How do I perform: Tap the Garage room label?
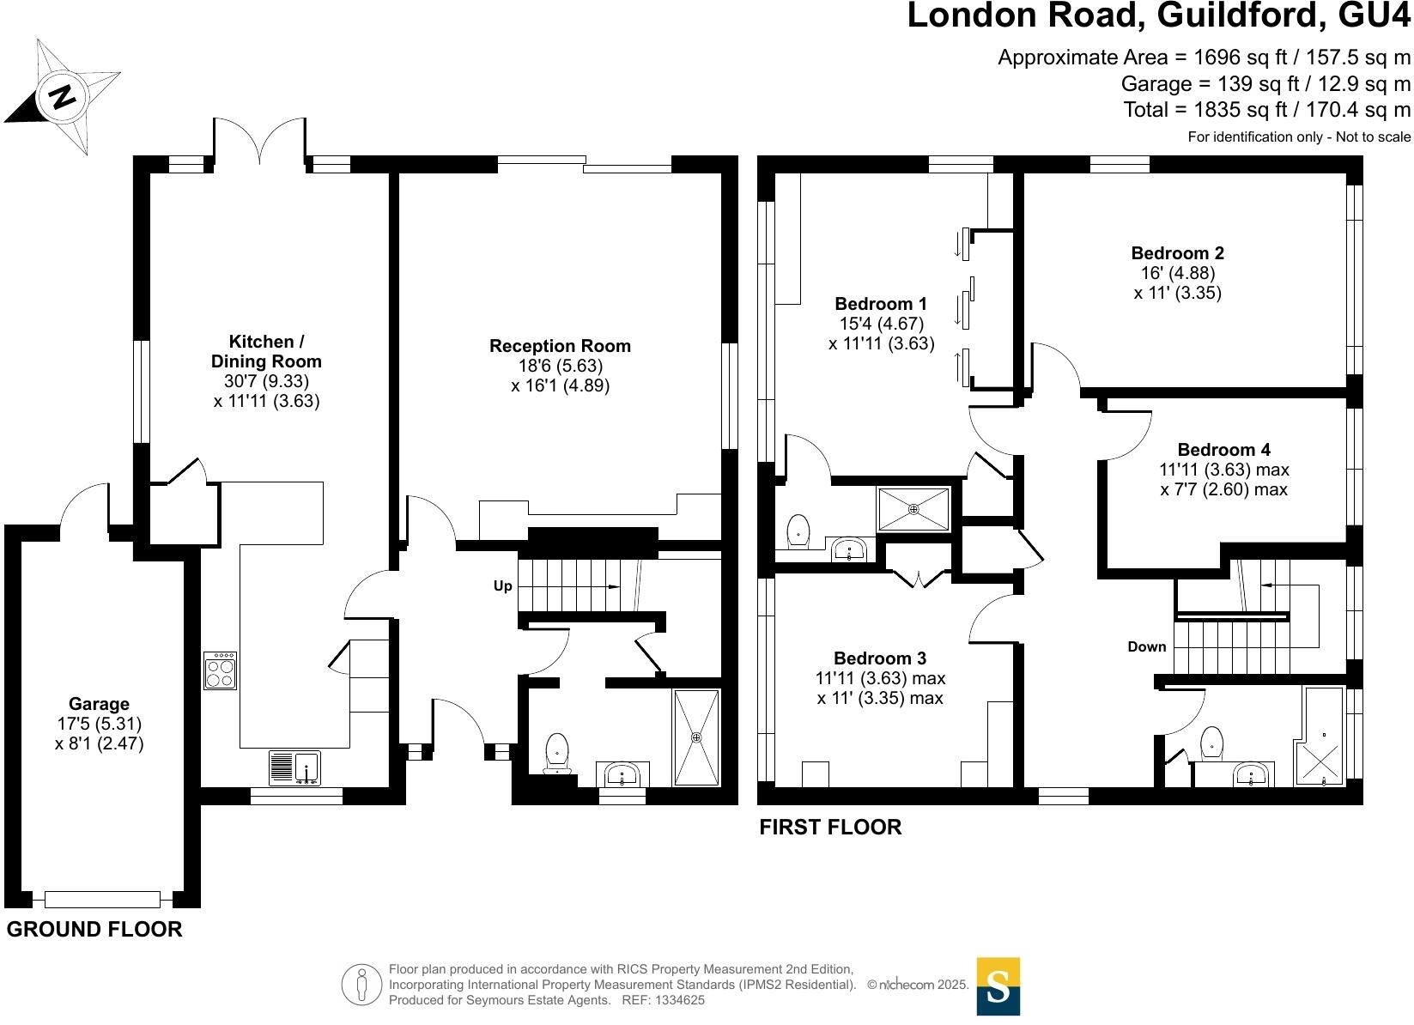[100, 704]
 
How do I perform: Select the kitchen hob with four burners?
[221, 670]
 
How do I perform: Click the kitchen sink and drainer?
[294, 767]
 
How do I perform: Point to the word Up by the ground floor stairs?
[503, 585]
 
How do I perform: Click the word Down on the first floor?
[1147, 646]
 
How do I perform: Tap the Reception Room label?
[560, 346]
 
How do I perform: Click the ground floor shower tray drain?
[696, 737]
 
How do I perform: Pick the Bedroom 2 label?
[1177, 252]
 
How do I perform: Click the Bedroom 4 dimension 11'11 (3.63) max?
[1223, 470]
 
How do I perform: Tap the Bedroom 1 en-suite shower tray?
[913, 509]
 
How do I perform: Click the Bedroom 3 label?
[880, 658]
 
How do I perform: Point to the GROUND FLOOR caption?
[94, 929]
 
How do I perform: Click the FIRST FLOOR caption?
[830, 827]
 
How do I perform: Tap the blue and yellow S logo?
[998, 986]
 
